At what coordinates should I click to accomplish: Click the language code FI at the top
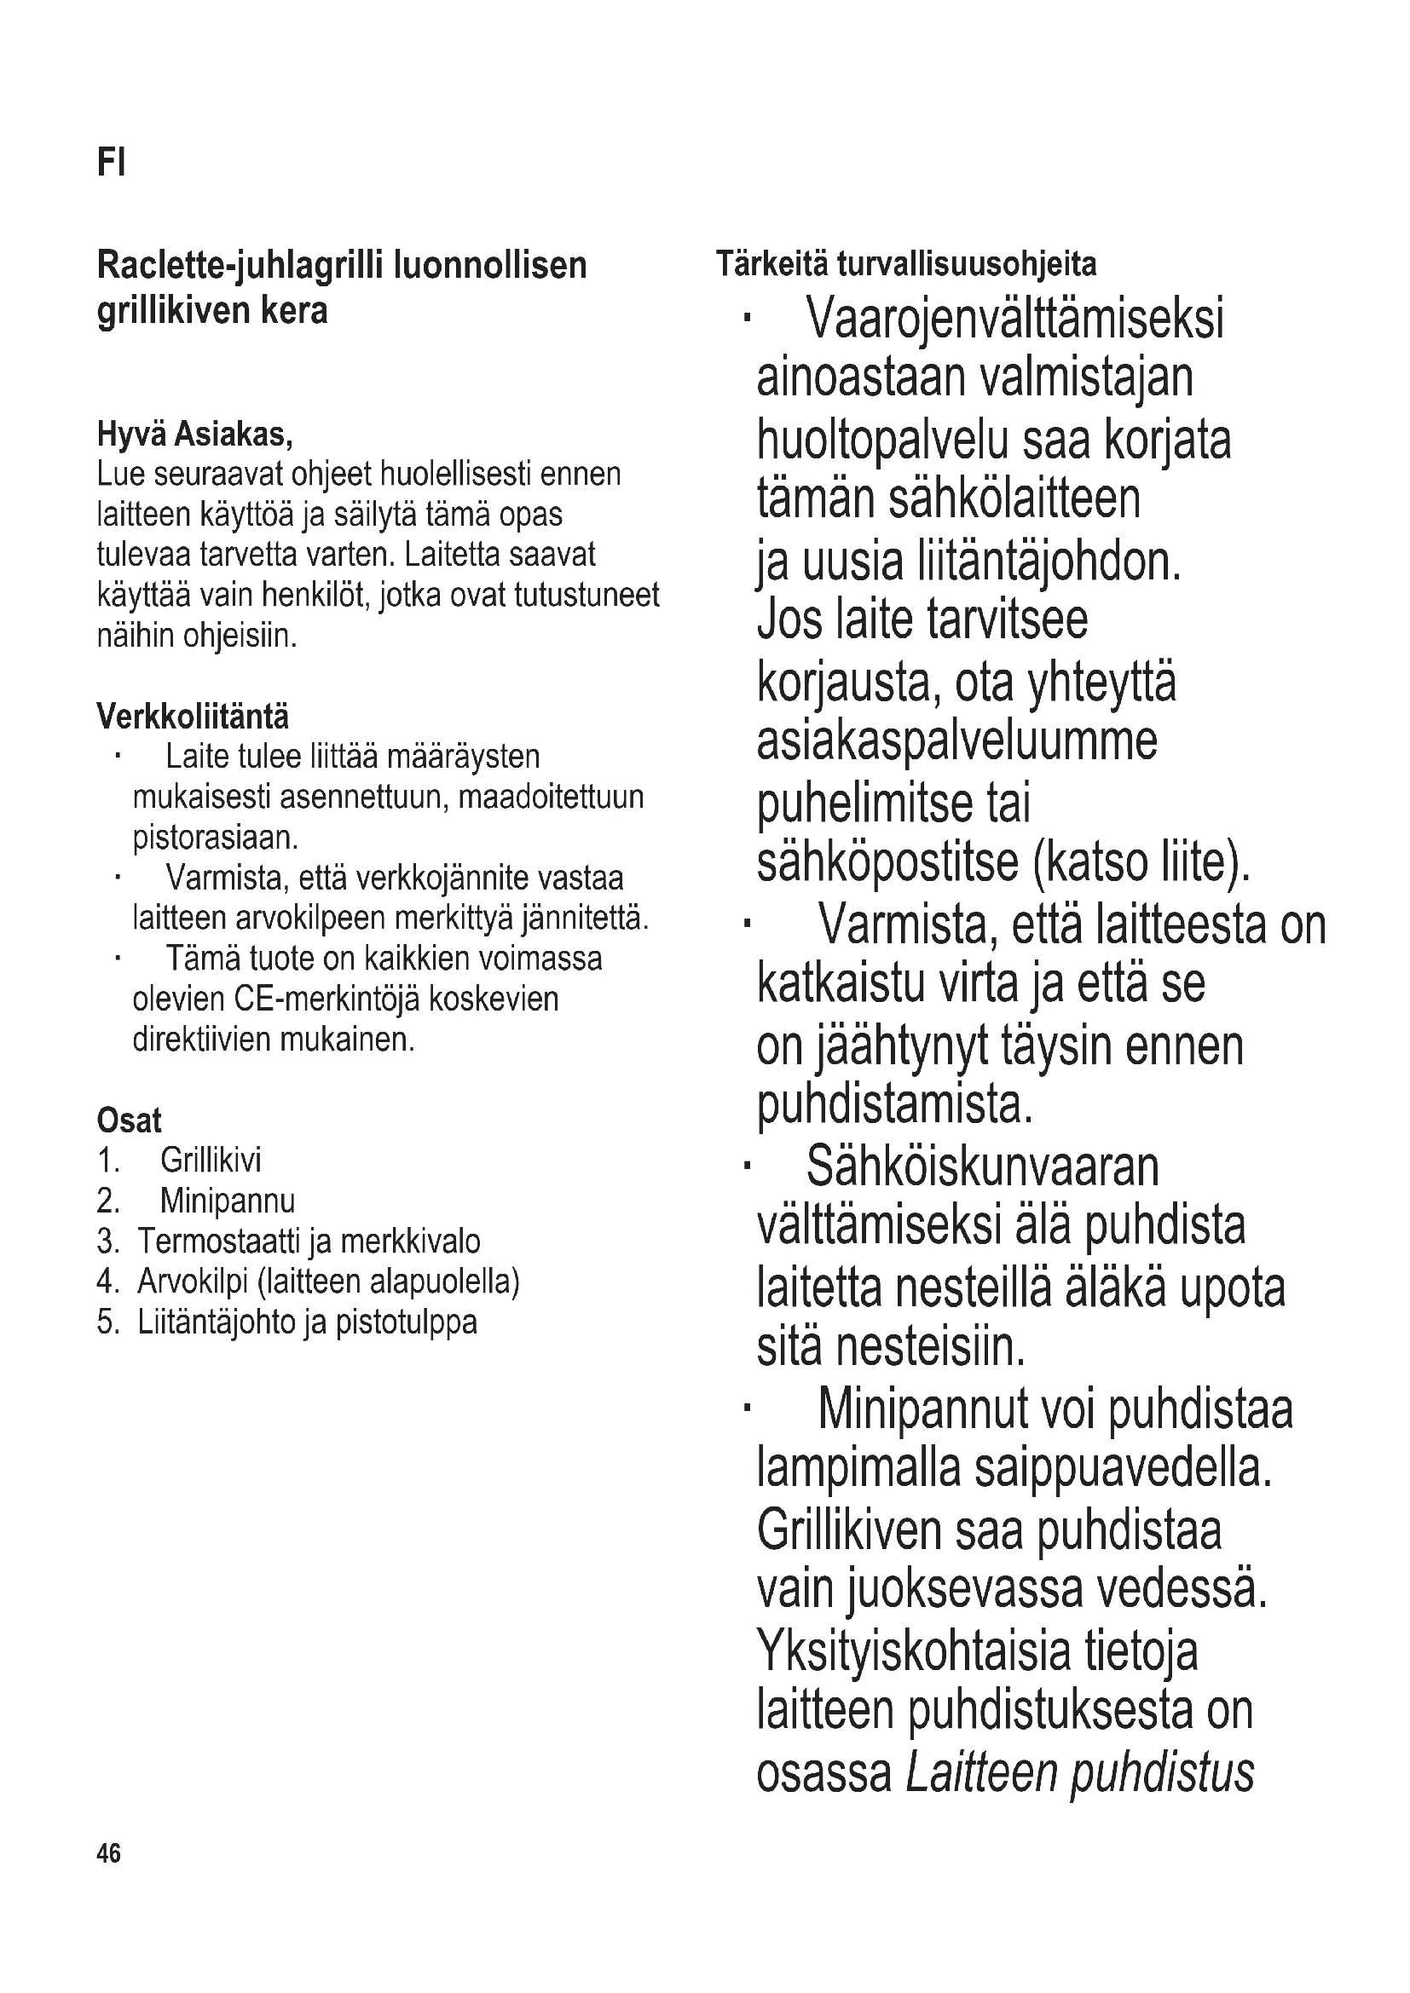tap(111, 163)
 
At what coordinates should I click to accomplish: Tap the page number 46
tap(109, 1853)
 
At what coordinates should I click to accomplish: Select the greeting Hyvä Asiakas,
tap(194, 434)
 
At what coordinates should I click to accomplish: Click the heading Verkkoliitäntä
tap(193, 717)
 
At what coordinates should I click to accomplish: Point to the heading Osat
tap(130, 1120)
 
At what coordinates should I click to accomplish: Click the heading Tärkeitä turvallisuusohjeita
tap(905, 264)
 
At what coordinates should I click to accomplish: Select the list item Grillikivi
tap(210, 1161)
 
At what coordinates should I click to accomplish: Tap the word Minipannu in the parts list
tap(228, 1201)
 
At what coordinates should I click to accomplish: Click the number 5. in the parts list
tap(108, 1322)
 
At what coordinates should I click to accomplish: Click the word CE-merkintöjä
tap(326, 999)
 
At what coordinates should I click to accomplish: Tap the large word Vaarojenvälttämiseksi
tap(1015, 319)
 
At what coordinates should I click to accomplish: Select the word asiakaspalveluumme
tap(956, 741)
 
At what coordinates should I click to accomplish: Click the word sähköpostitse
tap(889, 862)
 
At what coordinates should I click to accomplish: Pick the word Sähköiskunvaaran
tap(982, 1166)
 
